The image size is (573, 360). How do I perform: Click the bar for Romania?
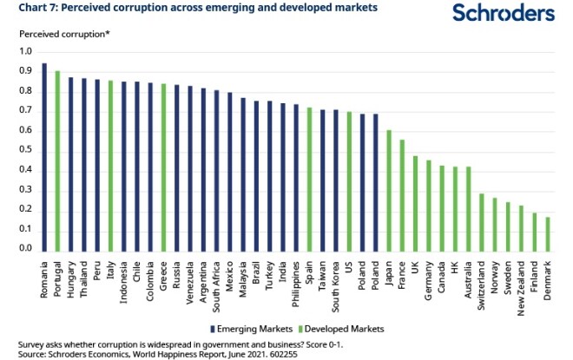click(x=44, y=157)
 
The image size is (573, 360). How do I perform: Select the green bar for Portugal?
click(x=57, y=160)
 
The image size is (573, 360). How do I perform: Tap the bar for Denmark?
click(x=548, y=233)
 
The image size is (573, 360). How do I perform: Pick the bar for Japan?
click(x=389, y=190)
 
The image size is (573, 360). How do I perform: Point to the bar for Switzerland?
click(x=482, y=222)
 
